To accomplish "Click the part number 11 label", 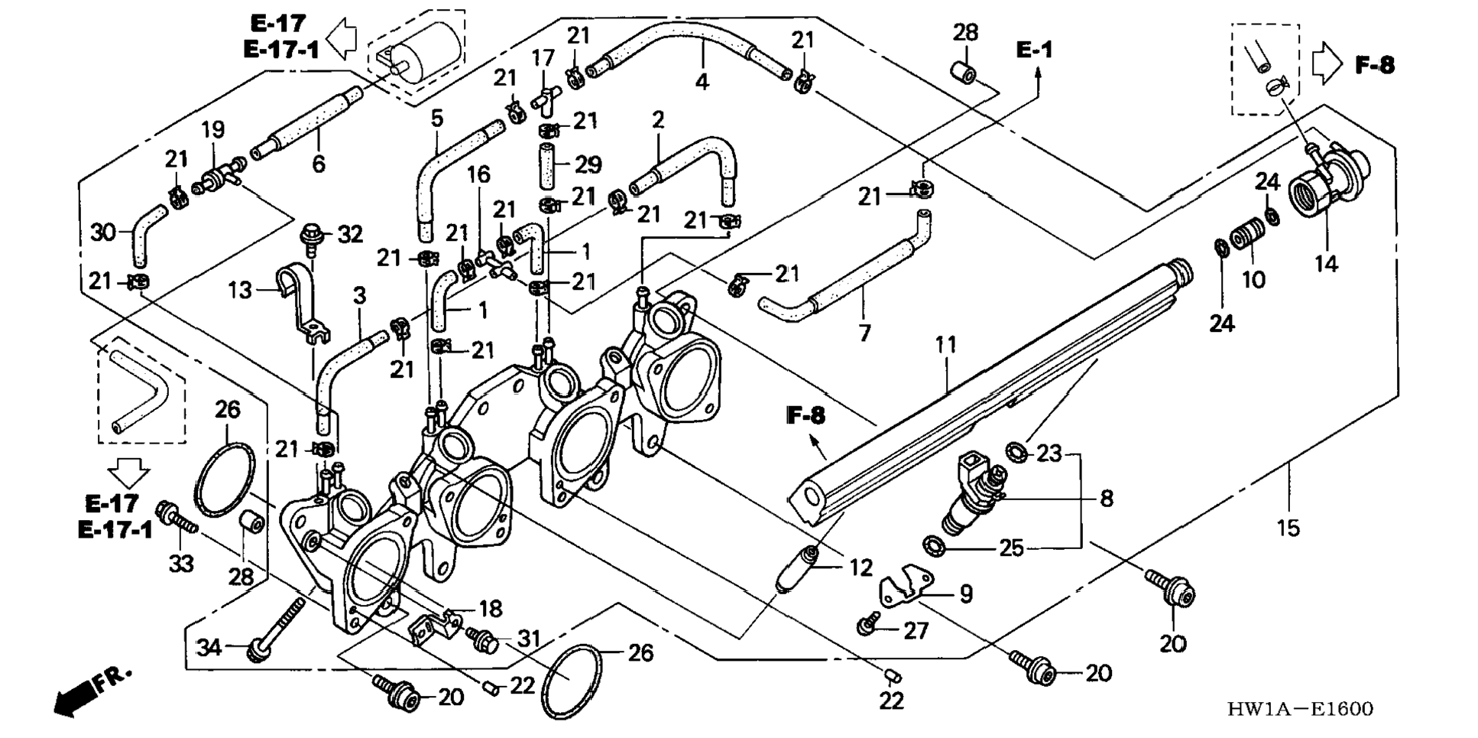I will (x=945, y=345).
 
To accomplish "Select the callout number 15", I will (x=1288, y=527).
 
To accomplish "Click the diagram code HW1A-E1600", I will (x=1300, y=709).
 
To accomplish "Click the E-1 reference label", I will (x=1034, y=50).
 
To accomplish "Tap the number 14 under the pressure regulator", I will (x=1326, y=264).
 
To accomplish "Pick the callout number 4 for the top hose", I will (x=702, y=80).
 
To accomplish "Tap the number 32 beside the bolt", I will (x=350, y=234).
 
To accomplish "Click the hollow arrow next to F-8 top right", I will (x=1327, y=65).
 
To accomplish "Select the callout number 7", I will (x=864, y=333).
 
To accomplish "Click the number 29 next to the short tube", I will (x=588, y=164).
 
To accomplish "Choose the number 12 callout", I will (x=861, y=567).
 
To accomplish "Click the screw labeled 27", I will (x=867, y=626).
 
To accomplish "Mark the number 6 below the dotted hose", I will (x=319, y=164).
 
